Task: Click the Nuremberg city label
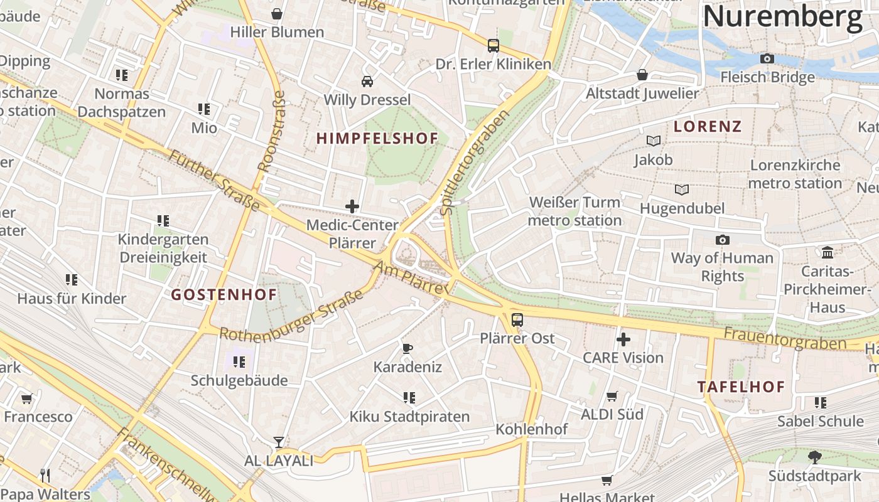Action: tap(782, 16)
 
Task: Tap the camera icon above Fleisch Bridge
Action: tap(767, 59)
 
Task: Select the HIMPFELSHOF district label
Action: tap(377, 139)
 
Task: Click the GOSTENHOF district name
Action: tap(224, 294)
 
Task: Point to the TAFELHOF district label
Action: tap(741, 387)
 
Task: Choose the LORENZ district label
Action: tap(707, 126)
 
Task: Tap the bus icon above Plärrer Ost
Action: tap(517, 320)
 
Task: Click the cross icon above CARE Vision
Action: tap(623, 339)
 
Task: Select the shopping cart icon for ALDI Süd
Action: tap(612, 396)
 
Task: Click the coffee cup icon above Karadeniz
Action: tap(407, 348)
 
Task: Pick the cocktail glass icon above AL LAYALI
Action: tap(278, 442)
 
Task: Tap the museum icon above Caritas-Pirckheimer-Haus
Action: tap(828, 253)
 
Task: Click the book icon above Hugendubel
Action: tap(681, 190)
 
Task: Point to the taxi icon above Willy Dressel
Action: tap(367, 82)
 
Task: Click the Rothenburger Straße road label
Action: tap(291, 317)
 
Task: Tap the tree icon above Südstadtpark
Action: tap(815, 457)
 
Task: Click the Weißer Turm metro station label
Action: tap(574, 211)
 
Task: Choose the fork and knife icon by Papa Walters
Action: tap(45, 476)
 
